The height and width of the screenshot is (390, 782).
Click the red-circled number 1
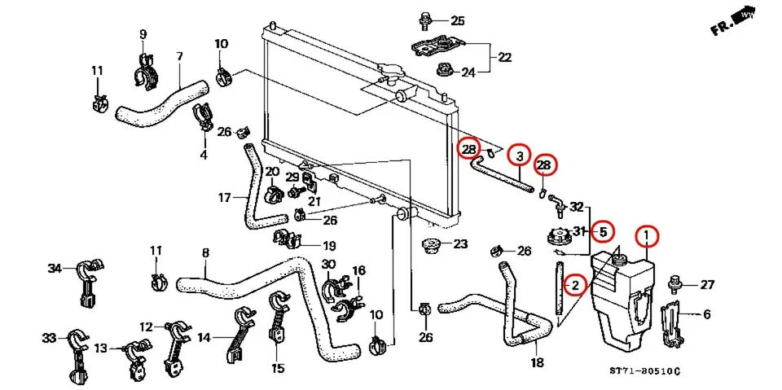pos(646,236)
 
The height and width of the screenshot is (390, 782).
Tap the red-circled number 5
pos(603,231)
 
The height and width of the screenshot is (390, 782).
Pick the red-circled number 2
pos(575,285)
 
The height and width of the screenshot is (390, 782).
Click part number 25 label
pos(457,20)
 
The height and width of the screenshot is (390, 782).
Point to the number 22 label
pos(505,57)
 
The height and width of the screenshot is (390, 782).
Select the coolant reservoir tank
pos(623,301)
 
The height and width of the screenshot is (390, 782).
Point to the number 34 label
pos(55,269)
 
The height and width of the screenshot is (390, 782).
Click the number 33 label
pos(50,337)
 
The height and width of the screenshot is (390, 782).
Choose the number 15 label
pos(279,367)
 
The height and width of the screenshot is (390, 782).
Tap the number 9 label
pos(143,34)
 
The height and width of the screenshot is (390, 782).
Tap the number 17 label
pos(226,197)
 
